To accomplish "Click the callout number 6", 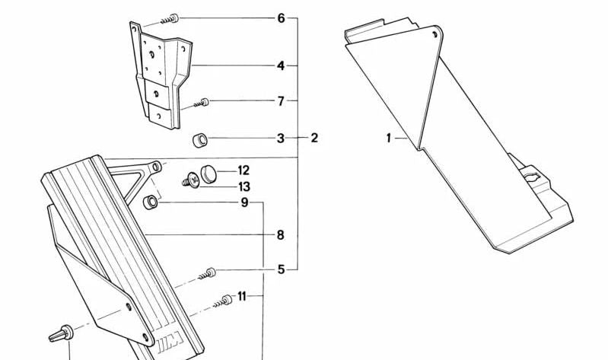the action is tap(281, 18).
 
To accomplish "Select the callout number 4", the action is tap(281, 66).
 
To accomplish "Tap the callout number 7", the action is tap(281, 101).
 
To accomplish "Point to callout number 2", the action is tap(314, 138).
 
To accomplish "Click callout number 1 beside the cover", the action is tap(389, 138).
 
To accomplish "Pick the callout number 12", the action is tap(244, 170).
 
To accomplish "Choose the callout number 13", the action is tap(244, 187).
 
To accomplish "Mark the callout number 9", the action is tap(244, 202).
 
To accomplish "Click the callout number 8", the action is tap(280, 235).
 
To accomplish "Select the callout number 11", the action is tap(242, 297).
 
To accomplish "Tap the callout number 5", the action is tap(281, 269).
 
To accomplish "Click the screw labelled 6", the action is tap(170, 19).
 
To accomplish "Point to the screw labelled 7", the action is tap(202, 103).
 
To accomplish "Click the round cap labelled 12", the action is tap(209, 174).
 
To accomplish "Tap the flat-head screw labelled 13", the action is tap(192, 181).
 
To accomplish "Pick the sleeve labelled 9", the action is tap(151, 202).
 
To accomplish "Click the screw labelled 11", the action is tap(223, 301).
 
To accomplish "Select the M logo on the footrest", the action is tap(170, 342).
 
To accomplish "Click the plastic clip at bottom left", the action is tap(62, 334).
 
